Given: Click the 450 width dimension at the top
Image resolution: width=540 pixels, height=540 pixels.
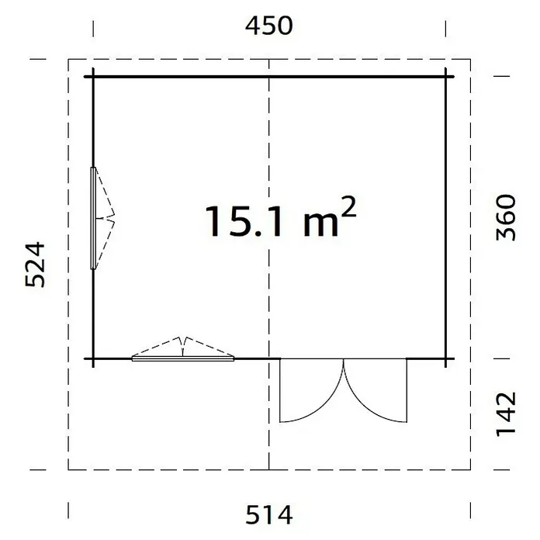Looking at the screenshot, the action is tap(269, 26).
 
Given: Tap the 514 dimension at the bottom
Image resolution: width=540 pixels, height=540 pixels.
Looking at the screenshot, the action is tap(269, 514).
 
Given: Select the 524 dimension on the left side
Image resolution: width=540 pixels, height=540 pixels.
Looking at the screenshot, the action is tap(35, 265).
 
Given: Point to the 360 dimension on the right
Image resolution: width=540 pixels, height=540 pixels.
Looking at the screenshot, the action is tap(506, 217).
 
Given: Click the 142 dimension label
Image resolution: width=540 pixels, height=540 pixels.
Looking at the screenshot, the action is tap(506, 414).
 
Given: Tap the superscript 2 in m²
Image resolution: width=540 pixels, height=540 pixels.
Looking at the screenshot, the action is tap(349, 206).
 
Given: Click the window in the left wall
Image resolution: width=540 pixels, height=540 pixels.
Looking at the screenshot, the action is tap(93, 218).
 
